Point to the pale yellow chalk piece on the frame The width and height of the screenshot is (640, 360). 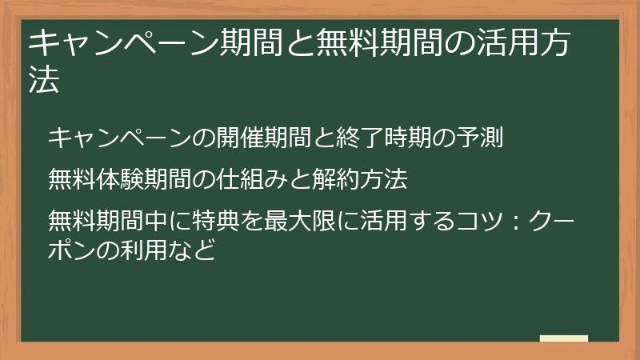(563, 338)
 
